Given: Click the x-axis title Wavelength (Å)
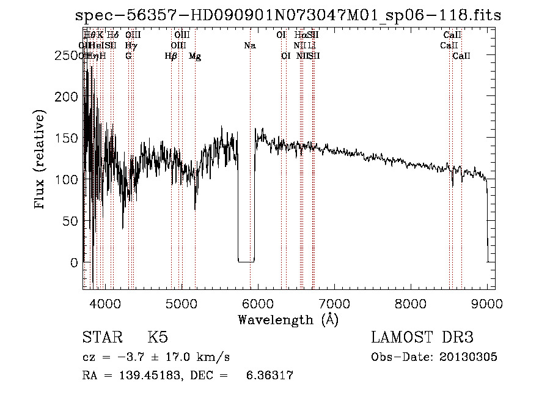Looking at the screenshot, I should pos(288,319).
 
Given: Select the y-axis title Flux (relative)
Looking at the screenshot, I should pos(40,161).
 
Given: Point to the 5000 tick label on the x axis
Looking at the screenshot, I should pos(181,303).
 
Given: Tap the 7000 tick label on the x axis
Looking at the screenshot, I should pos(334,303).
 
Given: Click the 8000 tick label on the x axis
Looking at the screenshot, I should pos(411,303).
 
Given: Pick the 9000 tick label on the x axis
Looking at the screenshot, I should pos(487,303).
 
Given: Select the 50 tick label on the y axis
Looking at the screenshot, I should pos(72,221).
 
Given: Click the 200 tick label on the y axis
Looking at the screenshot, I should pos(68,97).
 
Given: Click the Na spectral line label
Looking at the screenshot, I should pos(249,46).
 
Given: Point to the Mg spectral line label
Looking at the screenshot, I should pos(195,56).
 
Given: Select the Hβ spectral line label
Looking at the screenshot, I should pos(171,56).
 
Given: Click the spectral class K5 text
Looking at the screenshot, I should pos(157,338).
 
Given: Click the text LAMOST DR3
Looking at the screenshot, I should pos(422,338).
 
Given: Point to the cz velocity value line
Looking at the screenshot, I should pos(156,357).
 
